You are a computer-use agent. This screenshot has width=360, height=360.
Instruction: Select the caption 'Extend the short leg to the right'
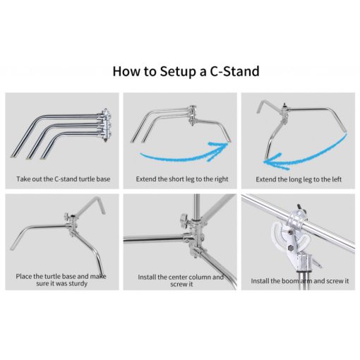[179, 179]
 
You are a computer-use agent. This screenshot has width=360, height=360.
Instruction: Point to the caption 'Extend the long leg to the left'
[298, 179]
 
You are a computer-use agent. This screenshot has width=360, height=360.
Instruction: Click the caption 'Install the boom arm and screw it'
[299, 281]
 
